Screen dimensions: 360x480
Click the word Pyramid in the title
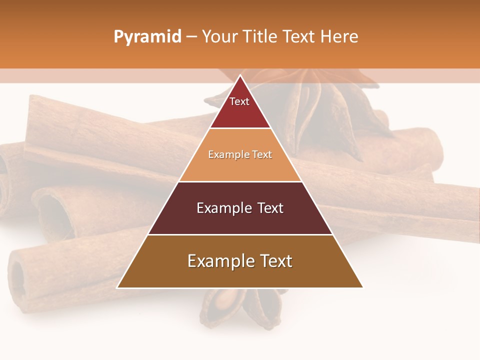(147, 37)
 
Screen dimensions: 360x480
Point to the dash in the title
(191, 37)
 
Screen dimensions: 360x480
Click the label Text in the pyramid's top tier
(239, 101)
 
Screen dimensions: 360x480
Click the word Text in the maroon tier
(271, 208)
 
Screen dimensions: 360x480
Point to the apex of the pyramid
(240, 75)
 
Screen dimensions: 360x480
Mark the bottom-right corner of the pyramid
(362, 287)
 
